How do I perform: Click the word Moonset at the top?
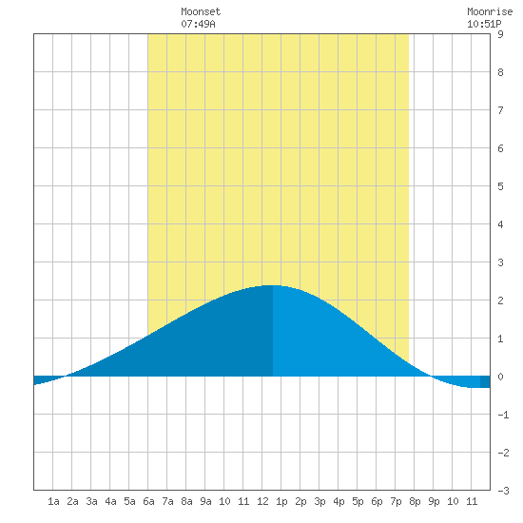click(201, 11)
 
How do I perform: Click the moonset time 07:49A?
click(198, 24)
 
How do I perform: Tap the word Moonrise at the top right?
click(490, 11)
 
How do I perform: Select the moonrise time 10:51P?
click(484, 24)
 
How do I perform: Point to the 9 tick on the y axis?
click(500, 34)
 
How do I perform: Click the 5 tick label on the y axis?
click(500, 186)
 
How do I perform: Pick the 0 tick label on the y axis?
click(500, 377)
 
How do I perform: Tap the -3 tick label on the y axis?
click(503, 491)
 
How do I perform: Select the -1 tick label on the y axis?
click(503, 415)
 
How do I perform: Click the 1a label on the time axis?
click(53, 501)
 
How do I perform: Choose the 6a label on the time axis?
click(148, 501)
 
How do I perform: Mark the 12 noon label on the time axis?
click(262, 501)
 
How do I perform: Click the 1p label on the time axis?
click(281, 501)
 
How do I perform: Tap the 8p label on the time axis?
click(415, 501)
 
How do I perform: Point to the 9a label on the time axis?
click(205, 501)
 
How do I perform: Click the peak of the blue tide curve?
click(273, 285)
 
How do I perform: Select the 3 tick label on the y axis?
click(500, 262)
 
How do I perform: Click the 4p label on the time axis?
click(339, 501)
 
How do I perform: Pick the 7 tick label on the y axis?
click(500, 110)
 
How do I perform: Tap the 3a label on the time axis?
click(91, 501)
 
